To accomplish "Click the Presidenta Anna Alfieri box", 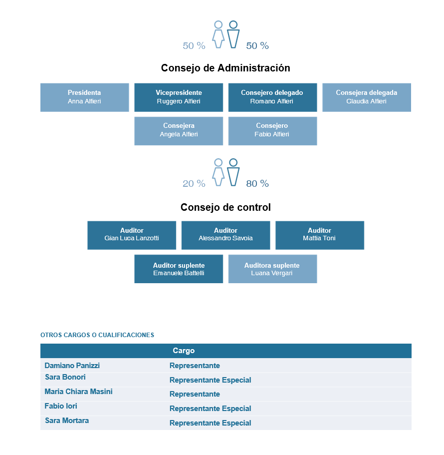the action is (85, 97).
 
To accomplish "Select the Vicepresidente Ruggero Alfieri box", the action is (179, 97).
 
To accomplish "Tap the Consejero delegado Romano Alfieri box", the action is (273, 97).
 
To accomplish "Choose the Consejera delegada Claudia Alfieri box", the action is (367, 97).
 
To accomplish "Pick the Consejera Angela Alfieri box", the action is (179, 131).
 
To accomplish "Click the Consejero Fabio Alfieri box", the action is (273, 131).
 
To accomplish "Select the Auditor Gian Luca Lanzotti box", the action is (132, 235).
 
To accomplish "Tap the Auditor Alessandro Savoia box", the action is (226, 235).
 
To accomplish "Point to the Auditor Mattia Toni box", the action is (320, 235).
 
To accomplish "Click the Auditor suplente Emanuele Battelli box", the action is (179, 269).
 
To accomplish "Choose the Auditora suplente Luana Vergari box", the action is (273, 269).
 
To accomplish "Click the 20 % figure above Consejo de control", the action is (194, 184).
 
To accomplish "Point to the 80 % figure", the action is (257, 184).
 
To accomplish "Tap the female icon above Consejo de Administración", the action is (218, 34).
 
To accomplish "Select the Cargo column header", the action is (184, 351).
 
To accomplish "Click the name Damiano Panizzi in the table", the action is (72, 365).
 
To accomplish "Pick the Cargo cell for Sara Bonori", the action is (211, 380).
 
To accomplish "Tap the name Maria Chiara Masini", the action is (78, 392).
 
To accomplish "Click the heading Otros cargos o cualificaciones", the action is (97, 335).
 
